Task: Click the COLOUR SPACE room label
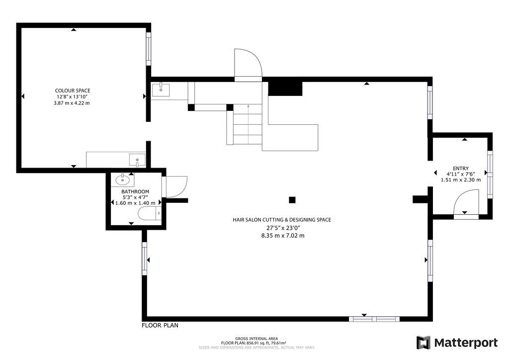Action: pyautogui.click(x=73, y=90)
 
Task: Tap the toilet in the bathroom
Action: pyautogui.click(x=150, y=214)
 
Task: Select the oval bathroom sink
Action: pyautogui.click(x=122, y=179)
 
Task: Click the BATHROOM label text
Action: pyautogui.click(x=135, y=191)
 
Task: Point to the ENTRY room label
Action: pyautogui.click(x=461, y=168)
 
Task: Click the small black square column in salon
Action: pyautogui.click(x=292, y=200)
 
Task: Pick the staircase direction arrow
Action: pyautogui.click(x=249, y=124)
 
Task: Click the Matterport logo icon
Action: pyautogui.click(x=424, y=343)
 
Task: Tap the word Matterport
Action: pyautogui.click(x=466, y=343)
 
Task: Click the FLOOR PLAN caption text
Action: pyautogui.click(x=160, y=325)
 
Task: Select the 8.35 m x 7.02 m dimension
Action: pyautogui.click(x=283, y=236)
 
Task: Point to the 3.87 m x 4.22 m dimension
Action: pyautogui.click(x=72, y=103)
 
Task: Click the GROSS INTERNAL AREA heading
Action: pyautogui.click(x=256, y=339)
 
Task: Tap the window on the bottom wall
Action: pyautogui.click(x=374, y=319)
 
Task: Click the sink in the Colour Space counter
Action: pyautogui.click(x=137, y=160)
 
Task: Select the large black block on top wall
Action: pyautogui.click(x=285, y=89)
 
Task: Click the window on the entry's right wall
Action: pyautogui.click(x=490, y=174)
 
